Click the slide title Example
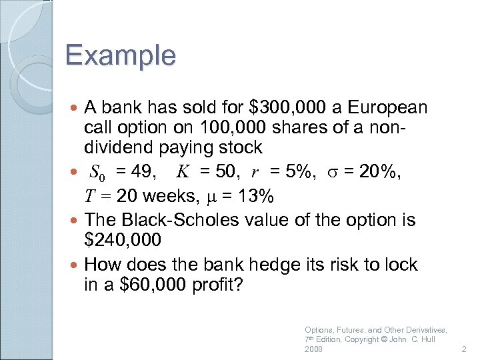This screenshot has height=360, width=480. click(x=121, y=55)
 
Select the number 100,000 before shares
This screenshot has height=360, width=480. click(x=212, y=127)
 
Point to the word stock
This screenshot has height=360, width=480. click(x=241, y=147)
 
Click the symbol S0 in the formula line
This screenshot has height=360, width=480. click(x=97, y=173)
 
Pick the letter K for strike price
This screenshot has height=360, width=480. click(x=183, y=173)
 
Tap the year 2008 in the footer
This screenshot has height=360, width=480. click(x=313, y=349)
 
